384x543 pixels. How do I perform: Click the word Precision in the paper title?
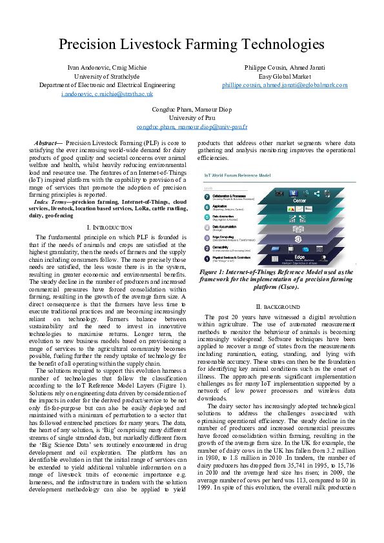94,44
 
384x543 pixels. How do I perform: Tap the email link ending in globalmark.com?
285,85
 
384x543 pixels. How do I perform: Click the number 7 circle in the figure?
207,196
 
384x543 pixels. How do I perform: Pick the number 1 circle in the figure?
207,259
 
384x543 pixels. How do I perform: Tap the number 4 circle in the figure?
207,228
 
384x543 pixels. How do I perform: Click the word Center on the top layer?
299,201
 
